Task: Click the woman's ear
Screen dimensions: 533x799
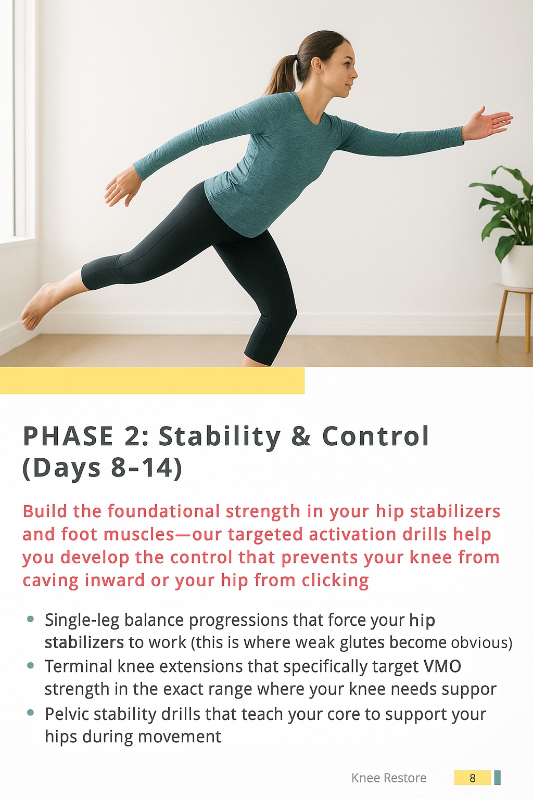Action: coord(316,64)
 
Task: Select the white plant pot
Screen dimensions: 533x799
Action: coord(517,266)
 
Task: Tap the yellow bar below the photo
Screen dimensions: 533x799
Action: coord(152,381)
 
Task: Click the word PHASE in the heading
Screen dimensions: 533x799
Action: coord(68,436)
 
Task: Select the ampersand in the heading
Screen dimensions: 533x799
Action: coord(301,436)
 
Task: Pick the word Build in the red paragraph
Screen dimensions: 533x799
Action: coord(45,511)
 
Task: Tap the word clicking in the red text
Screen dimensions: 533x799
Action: coord(335,581)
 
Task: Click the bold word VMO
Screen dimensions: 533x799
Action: coord(442,666)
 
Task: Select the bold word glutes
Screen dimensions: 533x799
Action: coord(362,642)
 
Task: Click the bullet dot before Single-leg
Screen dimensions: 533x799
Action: coord(30,619)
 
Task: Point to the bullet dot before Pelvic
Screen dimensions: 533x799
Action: coord(30,713)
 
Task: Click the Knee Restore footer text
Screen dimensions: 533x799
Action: coord(389,778)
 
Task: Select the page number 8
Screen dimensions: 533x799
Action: coord(472,778)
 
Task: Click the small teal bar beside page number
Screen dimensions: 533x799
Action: coord(497,778)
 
